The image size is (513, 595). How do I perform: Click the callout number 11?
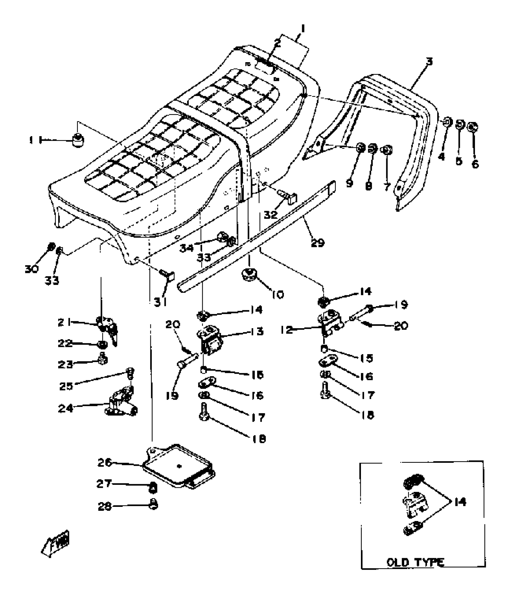34,140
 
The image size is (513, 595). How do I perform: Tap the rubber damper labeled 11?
78,140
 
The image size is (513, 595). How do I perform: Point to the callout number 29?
317,242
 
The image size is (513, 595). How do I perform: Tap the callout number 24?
66,408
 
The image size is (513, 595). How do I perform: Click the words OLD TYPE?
416,562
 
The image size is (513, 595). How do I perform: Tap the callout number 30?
32,268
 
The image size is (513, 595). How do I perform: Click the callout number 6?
475,164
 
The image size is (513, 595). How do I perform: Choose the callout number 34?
186,248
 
